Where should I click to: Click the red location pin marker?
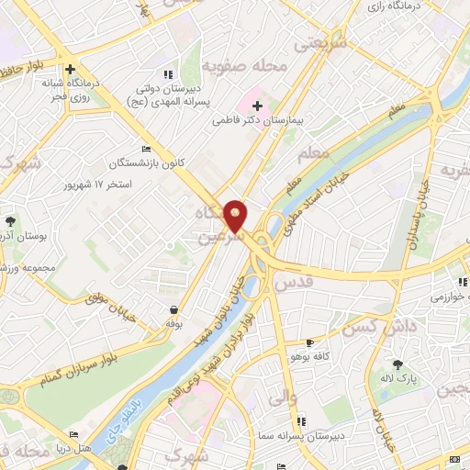pos(237,216)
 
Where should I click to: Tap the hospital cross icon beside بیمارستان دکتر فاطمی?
pos(258,106)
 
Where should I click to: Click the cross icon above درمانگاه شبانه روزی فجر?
pos(70,67)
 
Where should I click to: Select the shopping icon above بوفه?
pos(174,309)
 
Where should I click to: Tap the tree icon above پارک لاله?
pos(398,364)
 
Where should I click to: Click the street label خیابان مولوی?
pos(111,294)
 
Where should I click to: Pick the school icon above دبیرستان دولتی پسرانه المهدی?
pos(166,73)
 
